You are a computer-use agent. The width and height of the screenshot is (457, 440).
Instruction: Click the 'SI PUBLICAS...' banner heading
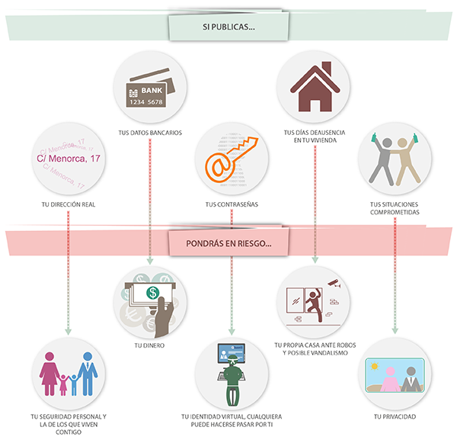click(x=228, y=28)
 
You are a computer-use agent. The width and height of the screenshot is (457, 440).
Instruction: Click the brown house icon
click(x=314, y=87)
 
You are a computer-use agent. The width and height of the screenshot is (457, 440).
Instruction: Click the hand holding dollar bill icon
click(x=150, y=301)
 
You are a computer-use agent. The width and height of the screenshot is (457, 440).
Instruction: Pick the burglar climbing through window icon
click(x=314, y=301)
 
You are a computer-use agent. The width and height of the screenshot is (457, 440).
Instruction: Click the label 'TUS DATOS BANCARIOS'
click(x=150, y=133)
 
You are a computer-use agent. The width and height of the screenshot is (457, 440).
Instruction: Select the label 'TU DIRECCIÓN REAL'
click(x=69, y=204)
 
